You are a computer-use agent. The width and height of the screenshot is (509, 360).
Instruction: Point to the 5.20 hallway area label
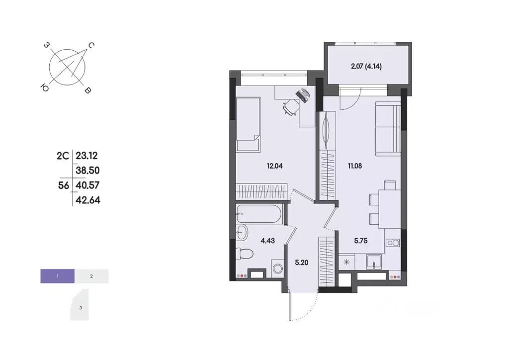301,263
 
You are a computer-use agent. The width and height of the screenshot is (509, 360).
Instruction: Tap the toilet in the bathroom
245,254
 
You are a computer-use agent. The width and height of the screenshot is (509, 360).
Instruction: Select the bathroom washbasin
242,231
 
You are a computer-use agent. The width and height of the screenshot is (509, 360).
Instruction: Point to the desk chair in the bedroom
290,105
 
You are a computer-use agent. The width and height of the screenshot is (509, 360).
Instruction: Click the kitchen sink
373,261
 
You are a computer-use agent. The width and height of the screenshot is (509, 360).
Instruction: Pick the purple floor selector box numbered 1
58,275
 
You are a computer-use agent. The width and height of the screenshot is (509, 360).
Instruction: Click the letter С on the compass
91,46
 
